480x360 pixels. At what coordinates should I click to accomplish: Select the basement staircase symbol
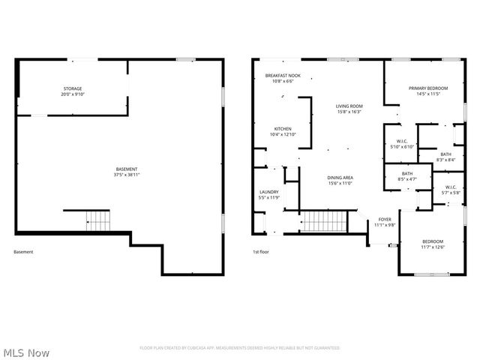(x=97, y=220)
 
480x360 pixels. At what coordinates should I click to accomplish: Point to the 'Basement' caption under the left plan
(x=23, y=252)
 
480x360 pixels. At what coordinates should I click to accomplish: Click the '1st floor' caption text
(x=260, y=252)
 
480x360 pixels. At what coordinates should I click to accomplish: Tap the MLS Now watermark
(x=26, y=352)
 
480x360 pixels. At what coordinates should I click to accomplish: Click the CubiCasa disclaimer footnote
(x=239, y=348)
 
